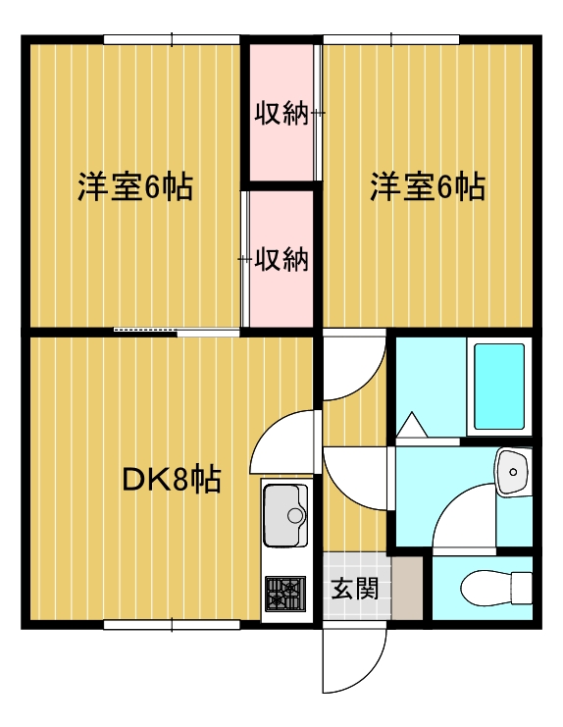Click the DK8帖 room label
(x=171, y=480)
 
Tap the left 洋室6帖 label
(x=135, y=186)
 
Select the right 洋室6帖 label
(x=427, y=186)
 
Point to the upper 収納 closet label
(x=281, y=115)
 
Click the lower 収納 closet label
(x=281, y=260)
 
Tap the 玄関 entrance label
(x=353, y=589)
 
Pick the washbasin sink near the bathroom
(x=511, y=473)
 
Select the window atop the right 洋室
(x=391, y=40)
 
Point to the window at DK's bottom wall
(x=172, y=624)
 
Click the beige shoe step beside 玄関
(x=407, y=589)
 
